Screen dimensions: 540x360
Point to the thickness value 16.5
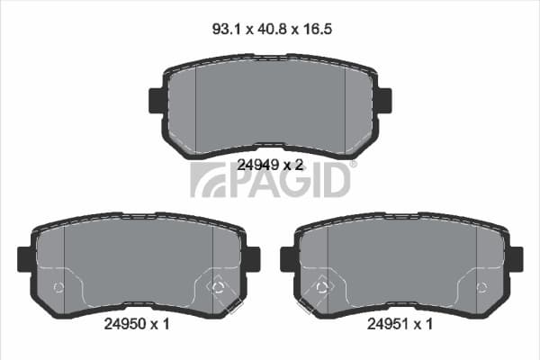click(x=317, y=29)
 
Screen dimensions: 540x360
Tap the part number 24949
click(x=258, y=166)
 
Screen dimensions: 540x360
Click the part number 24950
click(x=125, y=324)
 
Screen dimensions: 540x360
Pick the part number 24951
click(x=388, y=324)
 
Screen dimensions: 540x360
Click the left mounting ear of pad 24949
click(x=156, y=101)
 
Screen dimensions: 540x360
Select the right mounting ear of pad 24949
click(x=385, y=101)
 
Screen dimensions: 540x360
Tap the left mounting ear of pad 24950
click(x=25, y=259)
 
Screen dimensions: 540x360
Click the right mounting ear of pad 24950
click(x=254, y=259)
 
